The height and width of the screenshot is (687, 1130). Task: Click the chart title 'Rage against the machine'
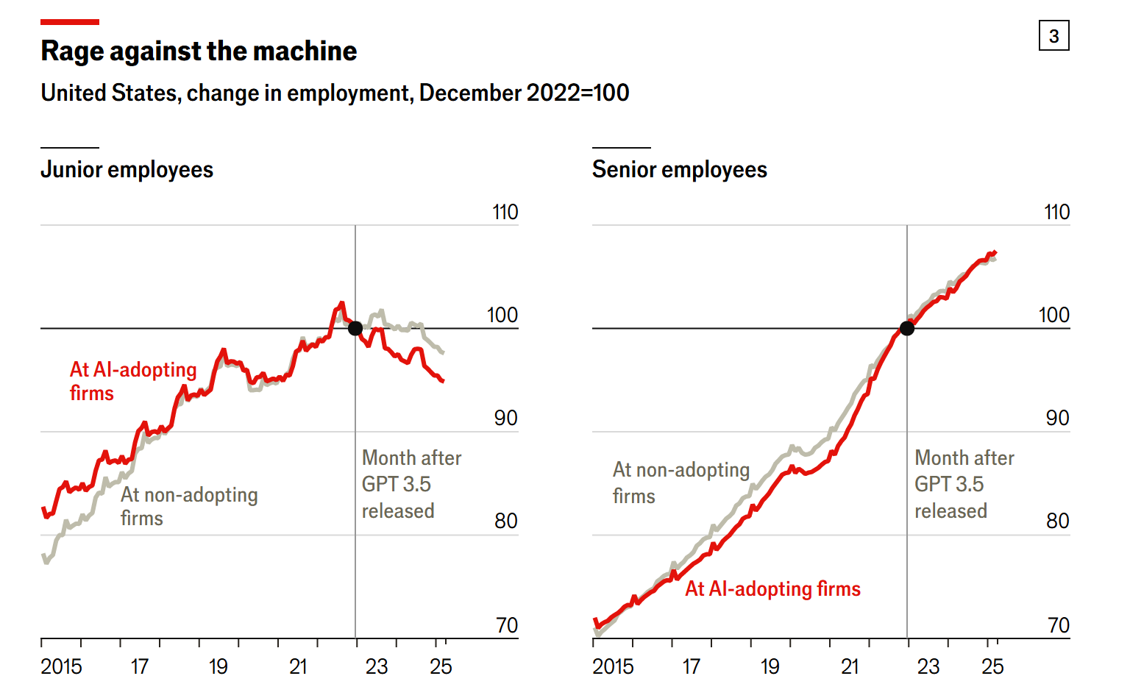[x=199, y=51]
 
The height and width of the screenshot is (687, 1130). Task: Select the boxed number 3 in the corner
[x=1053, y=36]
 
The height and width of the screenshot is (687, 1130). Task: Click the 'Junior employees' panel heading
[x=127, y=170]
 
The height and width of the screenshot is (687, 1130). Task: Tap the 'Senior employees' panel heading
[x=679, y=170]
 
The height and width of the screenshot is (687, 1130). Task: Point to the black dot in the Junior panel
[x=355, y=328]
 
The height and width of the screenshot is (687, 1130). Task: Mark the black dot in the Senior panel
[x=907, y=328]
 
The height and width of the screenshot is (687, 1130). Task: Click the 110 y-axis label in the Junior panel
[x=505, y=213]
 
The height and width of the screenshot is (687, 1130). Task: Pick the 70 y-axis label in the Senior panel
[x=1058, y=625]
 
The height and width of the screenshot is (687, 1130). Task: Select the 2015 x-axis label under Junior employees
[x=61, y=666]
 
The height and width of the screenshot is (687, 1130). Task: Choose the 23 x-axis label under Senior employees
[x=928, y=666]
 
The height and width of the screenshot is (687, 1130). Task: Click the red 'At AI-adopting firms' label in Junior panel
[x=132, y=381]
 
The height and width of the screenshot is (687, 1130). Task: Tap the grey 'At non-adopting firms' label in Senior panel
[x=681, y=483]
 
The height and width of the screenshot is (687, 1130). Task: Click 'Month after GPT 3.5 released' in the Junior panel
[x=411, y=484]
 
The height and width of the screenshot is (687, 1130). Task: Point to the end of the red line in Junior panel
[x=443, y=381]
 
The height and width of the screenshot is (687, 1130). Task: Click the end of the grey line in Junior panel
[x=443, y=353]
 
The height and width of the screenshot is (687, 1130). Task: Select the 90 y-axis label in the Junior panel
[x=505, y=419]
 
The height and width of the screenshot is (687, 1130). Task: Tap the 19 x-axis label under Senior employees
[x=770, y=666]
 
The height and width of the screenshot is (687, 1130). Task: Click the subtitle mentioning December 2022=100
[x=335, y=93]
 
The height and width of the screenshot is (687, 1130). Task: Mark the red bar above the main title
[x=70, y=22]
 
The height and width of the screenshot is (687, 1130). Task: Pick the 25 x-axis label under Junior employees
[x=441, y=666]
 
